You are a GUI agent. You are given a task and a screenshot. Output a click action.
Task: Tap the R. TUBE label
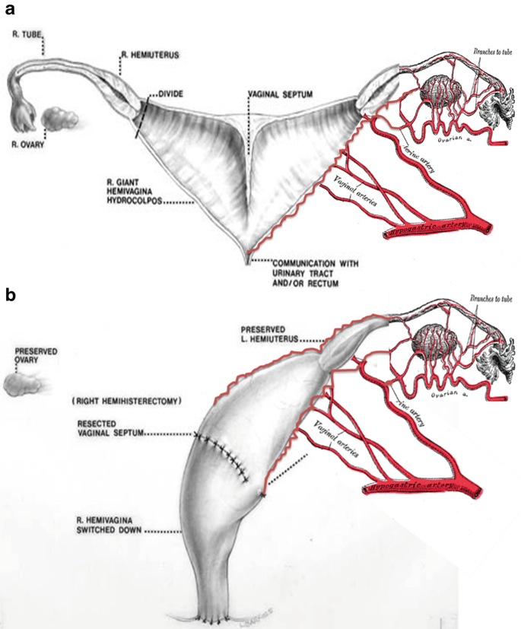(27, 34)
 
